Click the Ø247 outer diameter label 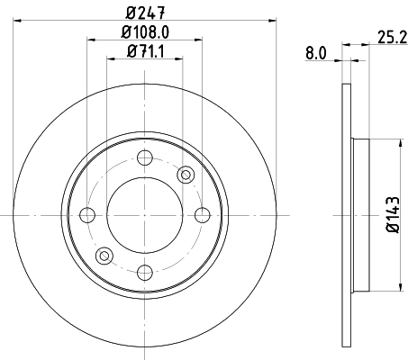pos(145,13)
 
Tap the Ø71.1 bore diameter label pos(145,51)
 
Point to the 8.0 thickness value pos(315,55)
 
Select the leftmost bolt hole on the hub pos(88,214)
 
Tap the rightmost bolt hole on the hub pos(202,214)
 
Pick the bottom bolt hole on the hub pos(145,270)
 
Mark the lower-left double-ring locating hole pos(104,256)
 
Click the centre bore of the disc pos(145,214)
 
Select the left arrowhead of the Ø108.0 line pos(92,40)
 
